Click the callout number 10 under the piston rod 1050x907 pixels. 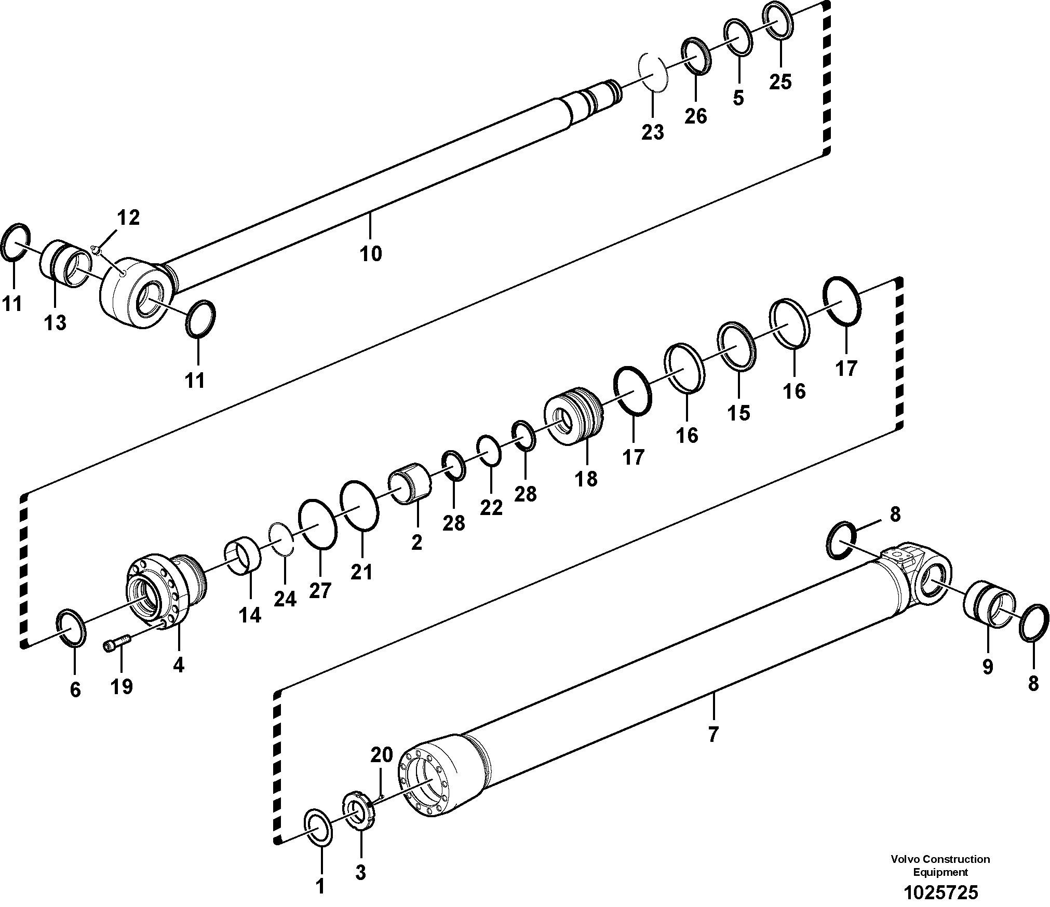[x=371, y=254]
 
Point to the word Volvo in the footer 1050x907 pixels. [x=904, y=859]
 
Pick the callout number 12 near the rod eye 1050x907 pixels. [x=128, y=218]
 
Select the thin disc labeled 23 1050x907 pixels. [x=652, y=73]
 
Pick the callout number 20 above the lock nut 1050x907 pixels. [x=381, y=756]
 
